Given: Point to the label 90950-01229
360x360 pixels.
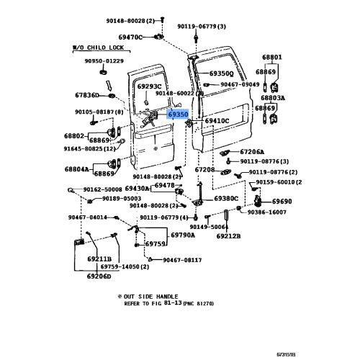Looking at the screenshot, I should (104, 60).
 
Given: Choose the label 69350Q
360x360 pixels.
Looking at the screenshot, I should (222, 73).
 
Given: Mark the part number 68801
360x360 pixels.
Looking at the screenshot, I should (271, 57).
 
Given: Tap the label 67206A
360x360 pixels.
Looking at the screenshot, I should (252, 152).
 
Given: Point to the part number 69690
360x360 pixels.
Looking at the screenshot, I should (282, 202).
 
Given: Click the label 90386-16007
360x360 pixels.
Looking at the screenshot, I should (268, 212).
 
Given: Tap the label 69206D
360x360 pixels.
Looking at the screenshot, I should (99, 276).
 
